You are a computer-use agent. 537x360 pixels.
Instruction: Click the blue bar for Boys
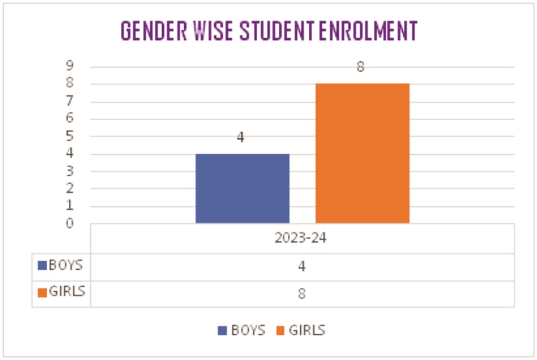coord(242,188)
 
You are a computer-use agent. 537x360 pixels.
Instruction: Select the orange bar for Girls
coord(362,153)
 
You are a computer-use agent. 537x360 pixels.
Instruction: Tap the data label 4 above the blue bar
coord(241,138)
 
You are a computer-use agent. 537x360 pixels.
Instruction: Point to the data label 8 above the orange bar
coord(361,68)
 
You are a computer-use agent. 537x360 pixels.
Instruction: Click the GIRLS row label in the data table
coord(67,292)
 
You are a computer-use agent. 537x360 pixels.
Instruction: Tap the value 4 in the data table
coord(302,267)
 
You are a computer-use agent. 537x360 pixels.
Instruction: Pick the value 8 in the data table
coord(302,294)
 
